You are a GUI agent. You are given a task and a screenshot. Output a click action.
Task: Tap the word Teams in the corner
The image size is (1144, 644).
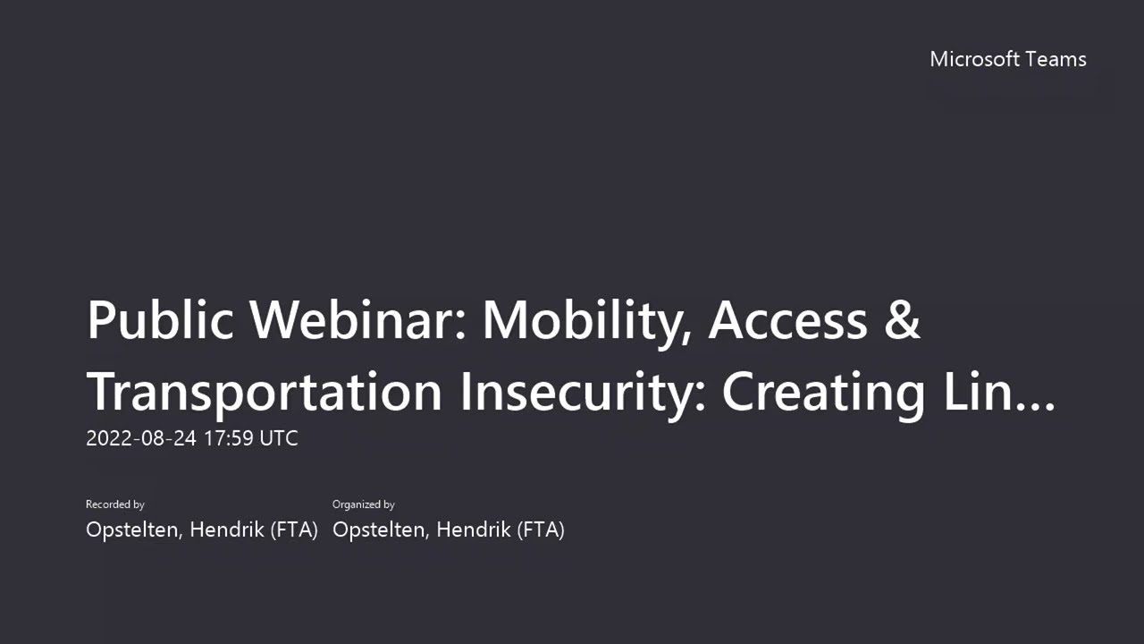[x=1056, y=59]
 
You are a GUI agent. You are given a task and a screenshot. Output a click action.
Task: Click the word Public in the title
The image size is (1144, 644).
[x=160, y=320]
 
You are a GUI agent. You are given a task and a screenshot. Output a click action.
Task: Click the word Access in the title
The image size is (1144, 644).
[x=787, y=320]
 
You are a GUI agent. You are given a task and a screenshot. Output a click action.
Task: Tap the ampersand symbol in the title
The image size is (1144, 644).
[x=903, y=320]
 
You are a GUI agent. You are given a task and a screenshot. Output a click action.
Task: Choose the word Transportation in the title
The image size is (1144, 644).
[x=265, y=392]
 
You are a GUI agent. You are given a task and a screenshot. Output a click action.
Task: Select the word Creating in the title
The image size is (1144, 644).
[x=823, y=392]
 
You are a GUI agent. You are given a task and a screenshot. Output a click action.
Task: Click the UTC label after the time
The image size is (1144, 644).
[x=279, y=438]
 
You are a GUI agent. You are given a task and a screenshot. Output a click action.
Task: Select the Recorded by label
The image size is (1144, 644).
[x=115, y=504]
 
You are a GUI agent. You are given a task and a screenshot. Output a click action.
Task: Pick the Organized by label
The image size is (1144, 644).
[x=364, y=504]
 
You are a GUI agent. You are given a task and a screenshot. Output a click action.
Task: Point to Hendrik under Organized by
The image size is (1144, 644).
[x=473, y=530]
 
